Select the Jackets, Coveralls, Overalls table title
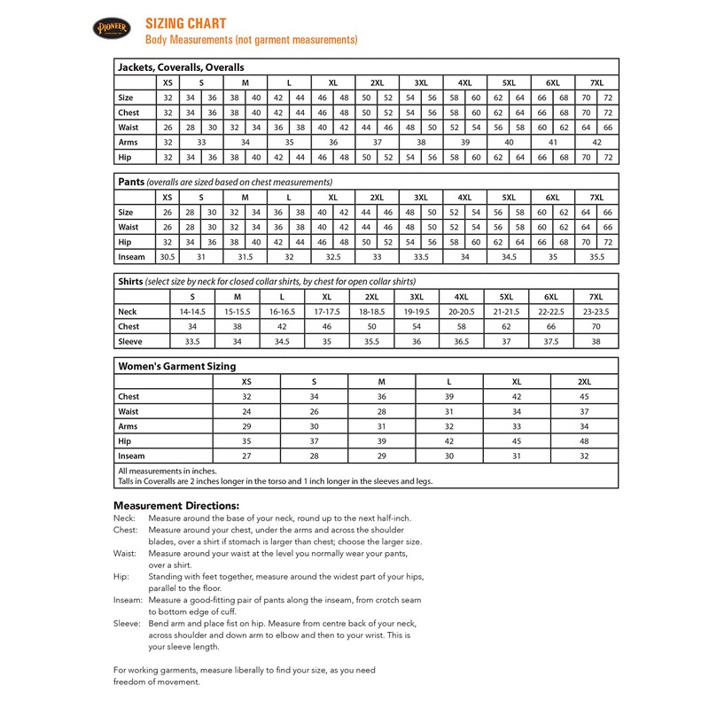(181, 66)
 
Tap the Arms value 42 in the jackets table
(596, 142)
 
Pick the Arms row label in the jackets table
(129, 142)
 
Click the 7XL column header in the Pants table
(596, 197)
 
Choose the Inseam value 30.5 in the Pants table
(166, 257)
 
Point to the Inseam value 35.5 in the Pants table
(596, 257)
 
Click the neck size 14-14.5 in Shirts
(192, 312)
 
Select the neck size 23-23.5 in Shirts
(596, 312)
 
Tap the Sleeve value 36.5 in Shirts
(462, 341)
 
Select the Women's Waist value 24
(247, 411)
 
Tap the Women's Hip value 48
(584, 440)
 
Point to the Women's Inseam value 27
(247, 456)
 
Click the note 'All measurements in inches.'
(168, 471)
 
